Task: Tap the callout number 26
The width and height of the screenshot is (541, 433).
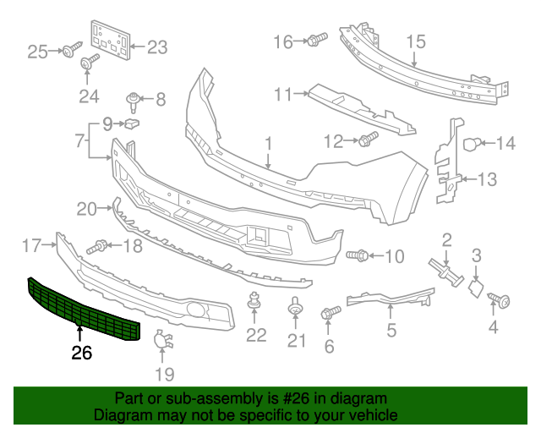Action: pos(81,354)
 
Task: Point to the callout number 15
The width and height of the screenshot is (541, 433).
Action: pos(414,41)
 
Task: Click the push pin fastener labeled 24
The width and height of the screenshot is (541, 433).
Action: pos(89,62)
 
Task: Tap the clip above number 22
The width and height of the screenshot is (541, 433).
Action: pos(253,301)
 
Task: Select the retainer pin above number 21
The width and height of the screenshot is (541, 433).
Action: pos(295,307)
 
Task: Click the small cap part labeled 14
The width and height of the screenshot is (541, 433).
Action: pos(474,144)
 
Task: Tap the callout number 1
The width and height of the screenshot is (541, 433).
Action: pos(268,144)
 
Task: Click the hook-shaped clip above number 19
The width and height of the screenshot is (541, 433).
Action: pos(161,342)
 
